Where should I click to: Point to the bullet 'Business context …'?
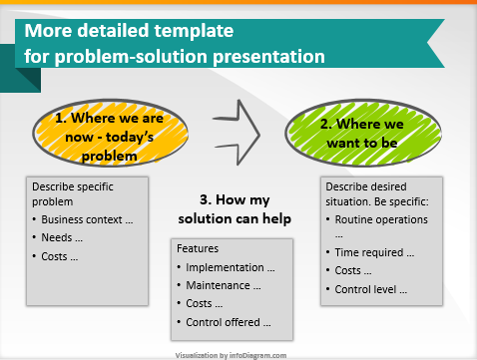point(85,218)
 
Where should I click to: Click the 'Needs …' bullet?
point(63,237)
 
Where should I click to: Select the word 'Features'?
point(197,247)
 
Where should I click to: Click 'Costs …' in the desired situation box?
point(356,270)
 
